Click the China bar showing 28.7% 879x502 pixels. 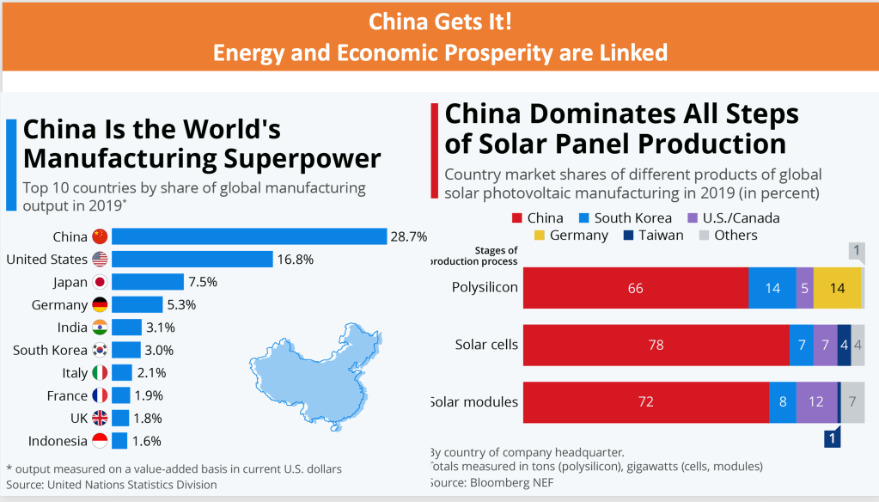[x=249, y=236]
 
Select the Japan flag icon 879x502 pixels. [x=100, y=282]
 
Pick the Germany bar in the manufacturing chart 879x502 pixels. [x=137, y=304]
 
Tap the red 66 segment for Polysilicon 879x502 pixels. [x=635, y=288]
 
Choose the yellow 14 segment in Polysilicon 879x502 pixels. [x=837, y=288]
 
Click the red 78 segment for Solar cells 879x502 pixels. [x=656, y=346]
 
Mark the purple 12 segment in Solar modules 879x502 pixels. [x=816, y=402]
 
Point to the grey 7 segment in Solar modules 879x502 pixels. [x=852, y=402]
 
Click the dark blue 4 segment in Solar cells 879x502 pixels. [x=844, y=346]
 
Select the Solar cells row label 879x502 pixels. [x=486, y=346]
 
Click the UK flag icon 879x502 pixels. [x=100, y=418]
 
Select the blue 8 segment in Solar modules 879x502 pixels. [x=783, y=402]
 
